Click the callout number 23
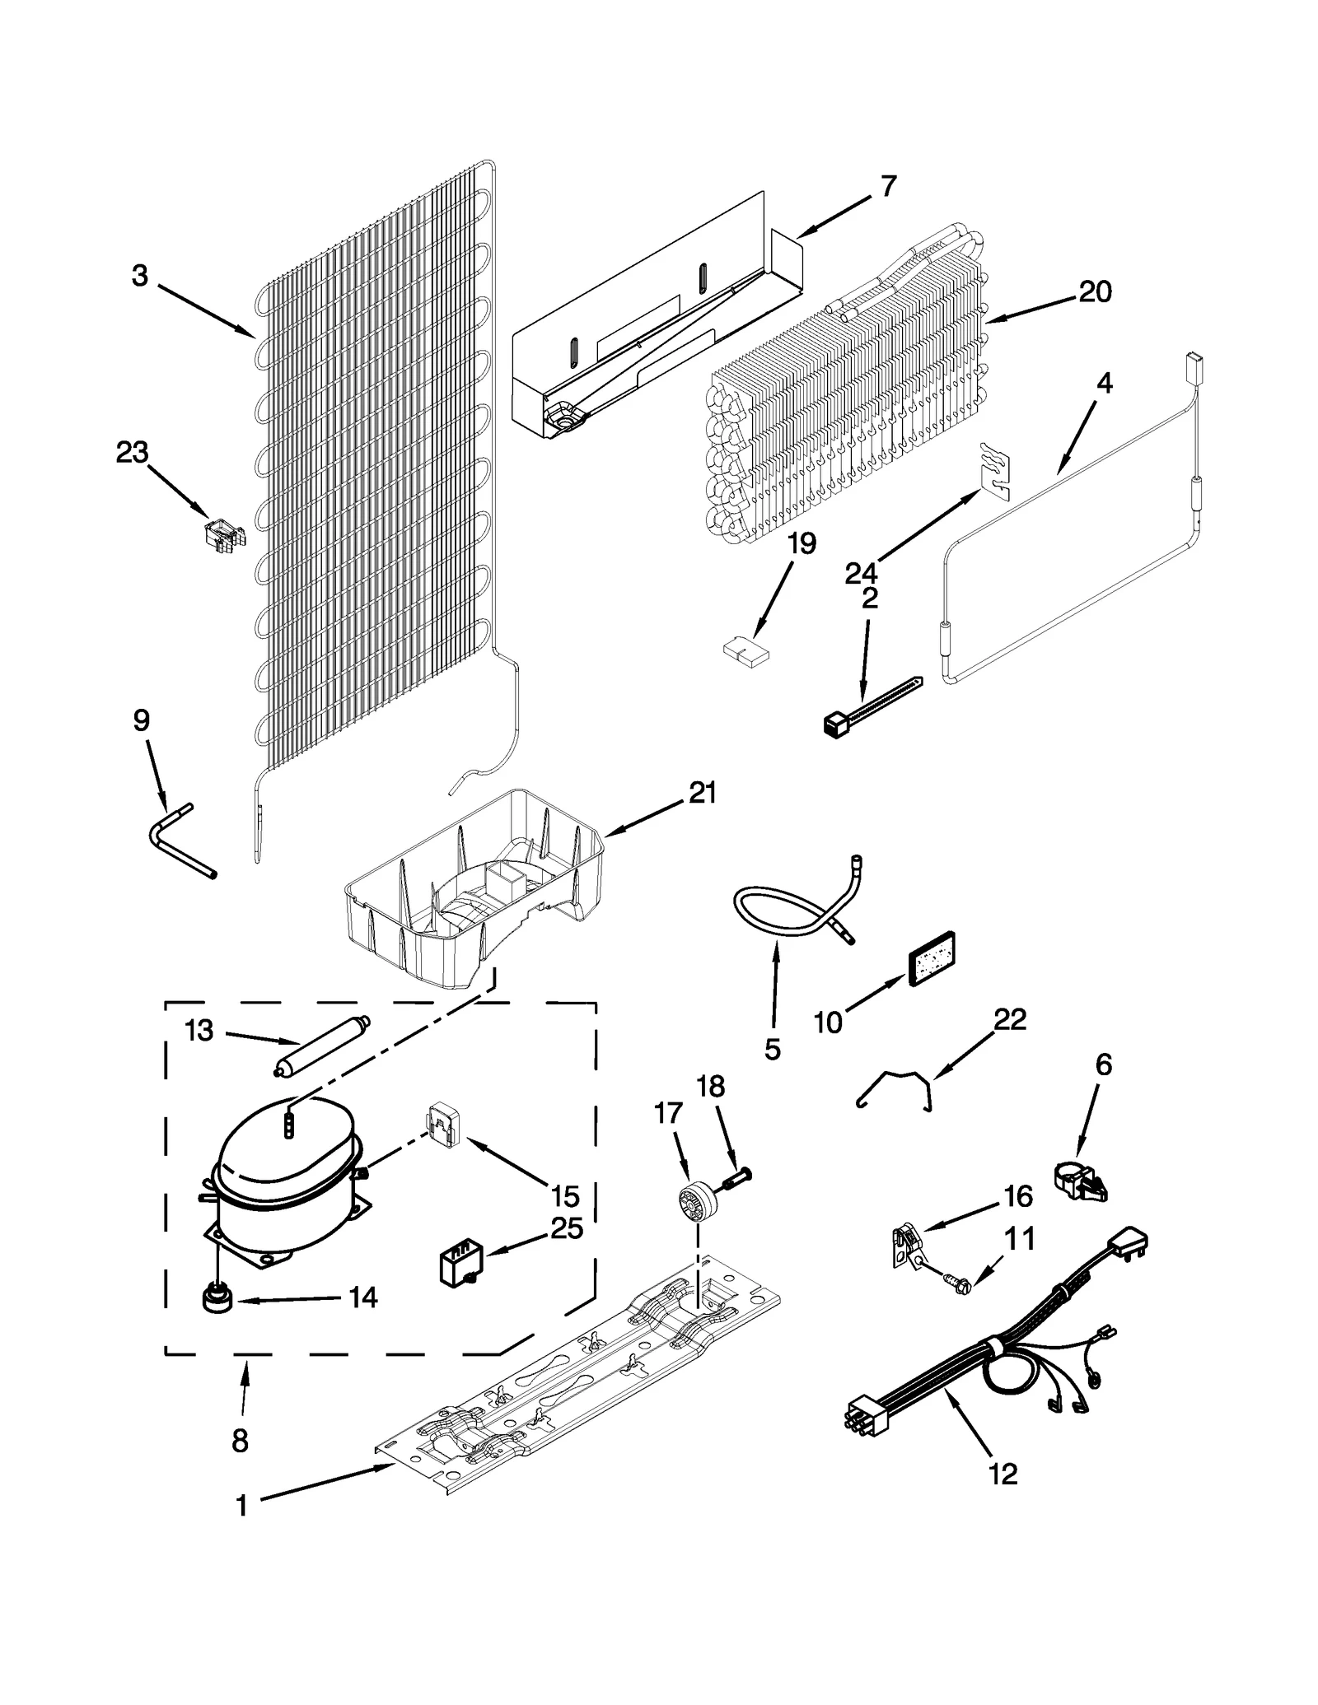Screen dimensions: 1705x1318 point(132,452)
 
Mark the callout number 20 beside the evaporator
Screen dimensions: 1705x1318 point(1095,291)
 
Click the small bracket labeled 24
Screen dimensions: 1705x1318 point(994,471)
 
